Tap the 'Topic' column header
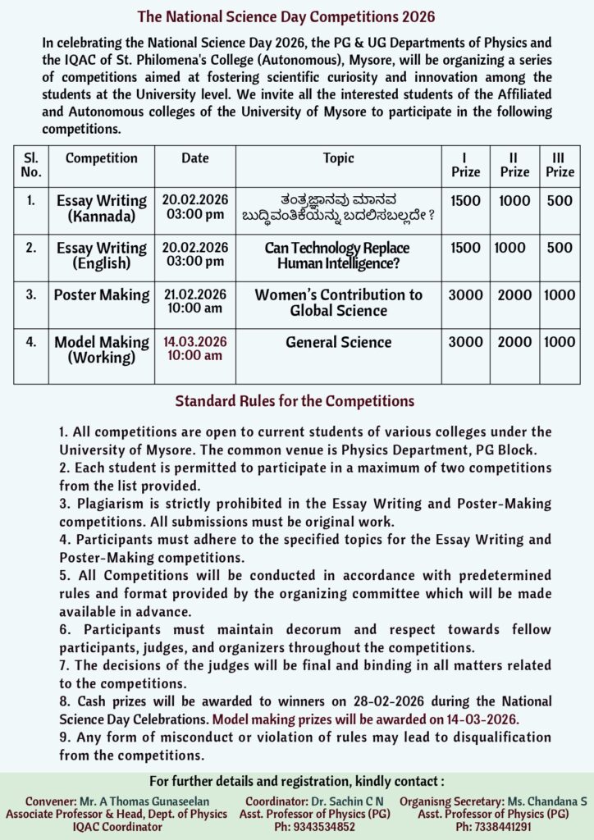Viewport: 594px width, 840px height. click(x=338, y=158)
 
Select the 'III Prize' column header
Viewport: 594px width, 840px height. click(x=560, y=164)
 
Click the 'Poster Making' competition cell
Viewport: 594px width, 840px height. click(x=102, y=294)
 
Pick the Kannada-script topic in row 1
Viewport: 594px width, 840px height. click(x=338, y=208)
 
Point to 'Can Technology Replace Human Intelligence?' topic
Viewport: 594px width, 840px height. click(x=337, y=255)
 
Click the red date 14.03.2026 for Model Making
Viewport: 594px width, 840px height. click(x=194, y=341)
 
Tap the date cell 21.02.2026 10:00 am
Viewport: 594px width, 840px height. click(x=194, y=302)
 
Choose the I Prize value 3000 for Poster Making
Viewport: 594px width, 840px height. click(x=465, y=294)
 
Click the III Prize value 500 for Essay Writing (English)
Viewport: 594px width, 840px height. click(x=560, y=248)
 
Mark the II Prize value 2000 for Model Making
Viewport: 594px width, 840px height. click(x=514, y=342)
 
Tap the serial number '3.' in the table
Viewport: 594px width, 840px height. click(x=30, y=294)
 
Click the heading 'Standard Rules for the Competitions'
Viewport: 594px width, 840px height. click(x=294, y=401)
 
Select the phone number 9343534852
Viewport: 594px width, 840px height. click(x=314, y=827)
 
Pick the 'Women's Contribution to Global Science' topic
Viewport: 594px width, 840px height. click(x=338, y=302)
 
